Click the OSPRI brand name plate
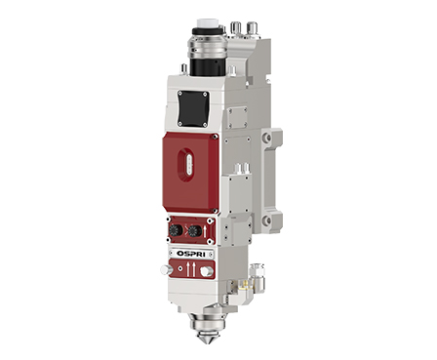(x=191, y=254)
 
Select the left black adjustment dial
(x=176, y=231)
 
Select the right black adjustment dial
(x=194, y=231)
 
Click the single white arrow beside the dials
(x=205, y=232)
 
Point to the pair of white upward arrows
(x=190, y=270)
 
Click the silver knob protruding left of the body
(x=166, y=269)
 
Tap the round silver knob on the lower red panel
(x=206, y=271)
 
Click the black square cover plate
(x=192, y=108)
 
